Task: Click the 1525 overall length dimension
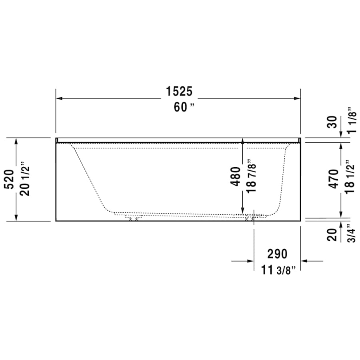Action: [179, 92]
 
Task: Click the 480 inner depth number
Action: [236, 176]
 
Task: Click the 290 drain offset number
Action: [277, 254]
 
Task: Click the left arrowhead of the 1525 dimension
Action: [59, 98]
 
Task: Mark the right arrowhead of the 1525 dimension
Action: [297, 98]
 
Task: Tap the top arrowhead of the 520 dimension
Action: [16, 141]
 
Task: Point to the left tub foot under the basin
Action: [133, 218]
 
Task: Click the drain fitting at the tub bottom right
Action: [250, 218]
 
